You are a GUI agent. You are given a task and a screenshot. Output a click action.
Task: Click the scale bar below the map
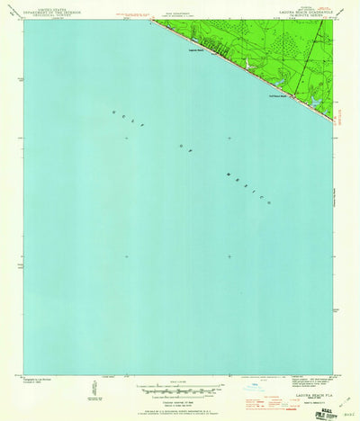180,388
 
